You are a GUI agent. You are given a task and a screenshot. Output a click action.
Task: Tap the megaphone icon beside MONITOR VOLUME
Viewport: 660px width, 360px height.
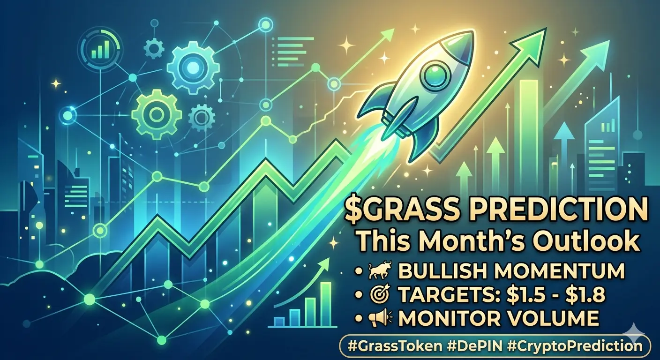click(380, 319)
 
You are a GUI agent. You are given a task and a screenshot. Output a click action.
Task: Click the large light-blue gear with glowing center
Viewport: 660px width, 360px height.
click(193, 66)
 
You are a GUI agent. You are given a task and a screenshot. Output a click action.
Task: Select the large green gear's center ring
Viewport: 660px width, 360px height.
click(155, 113)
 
